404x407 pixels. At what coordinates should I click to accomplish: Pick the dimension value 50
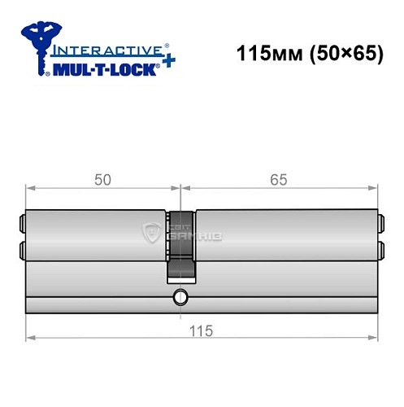point(102,181)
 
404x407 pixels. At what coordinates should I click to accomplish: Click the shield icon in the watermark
point(150,234)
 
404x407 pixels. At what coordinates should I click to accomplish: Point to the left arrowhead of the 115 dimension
point(30,337)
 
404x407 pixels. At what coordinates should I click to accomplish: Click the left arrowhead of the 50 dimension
point(30,189)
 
